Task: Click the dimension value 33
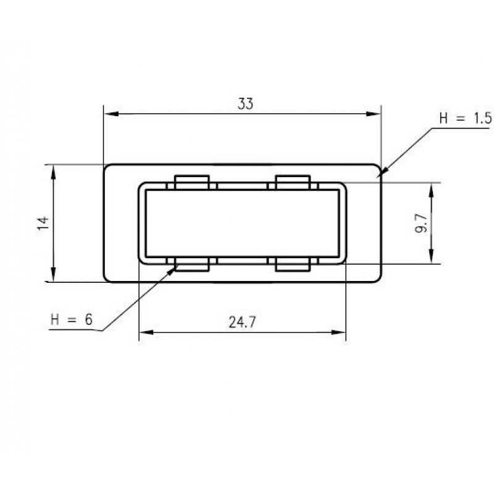245,104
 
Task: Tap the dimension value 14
43,223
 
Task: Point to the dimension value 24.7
242,322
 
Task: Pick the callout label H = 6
72,319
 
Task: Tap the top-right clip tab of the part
292,182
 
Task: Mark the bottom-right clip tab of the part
292,265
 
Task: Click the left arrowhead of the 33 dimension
109,114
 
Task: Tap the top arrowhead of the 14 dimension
54,170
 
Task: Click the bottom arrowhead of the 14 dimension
54,277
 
